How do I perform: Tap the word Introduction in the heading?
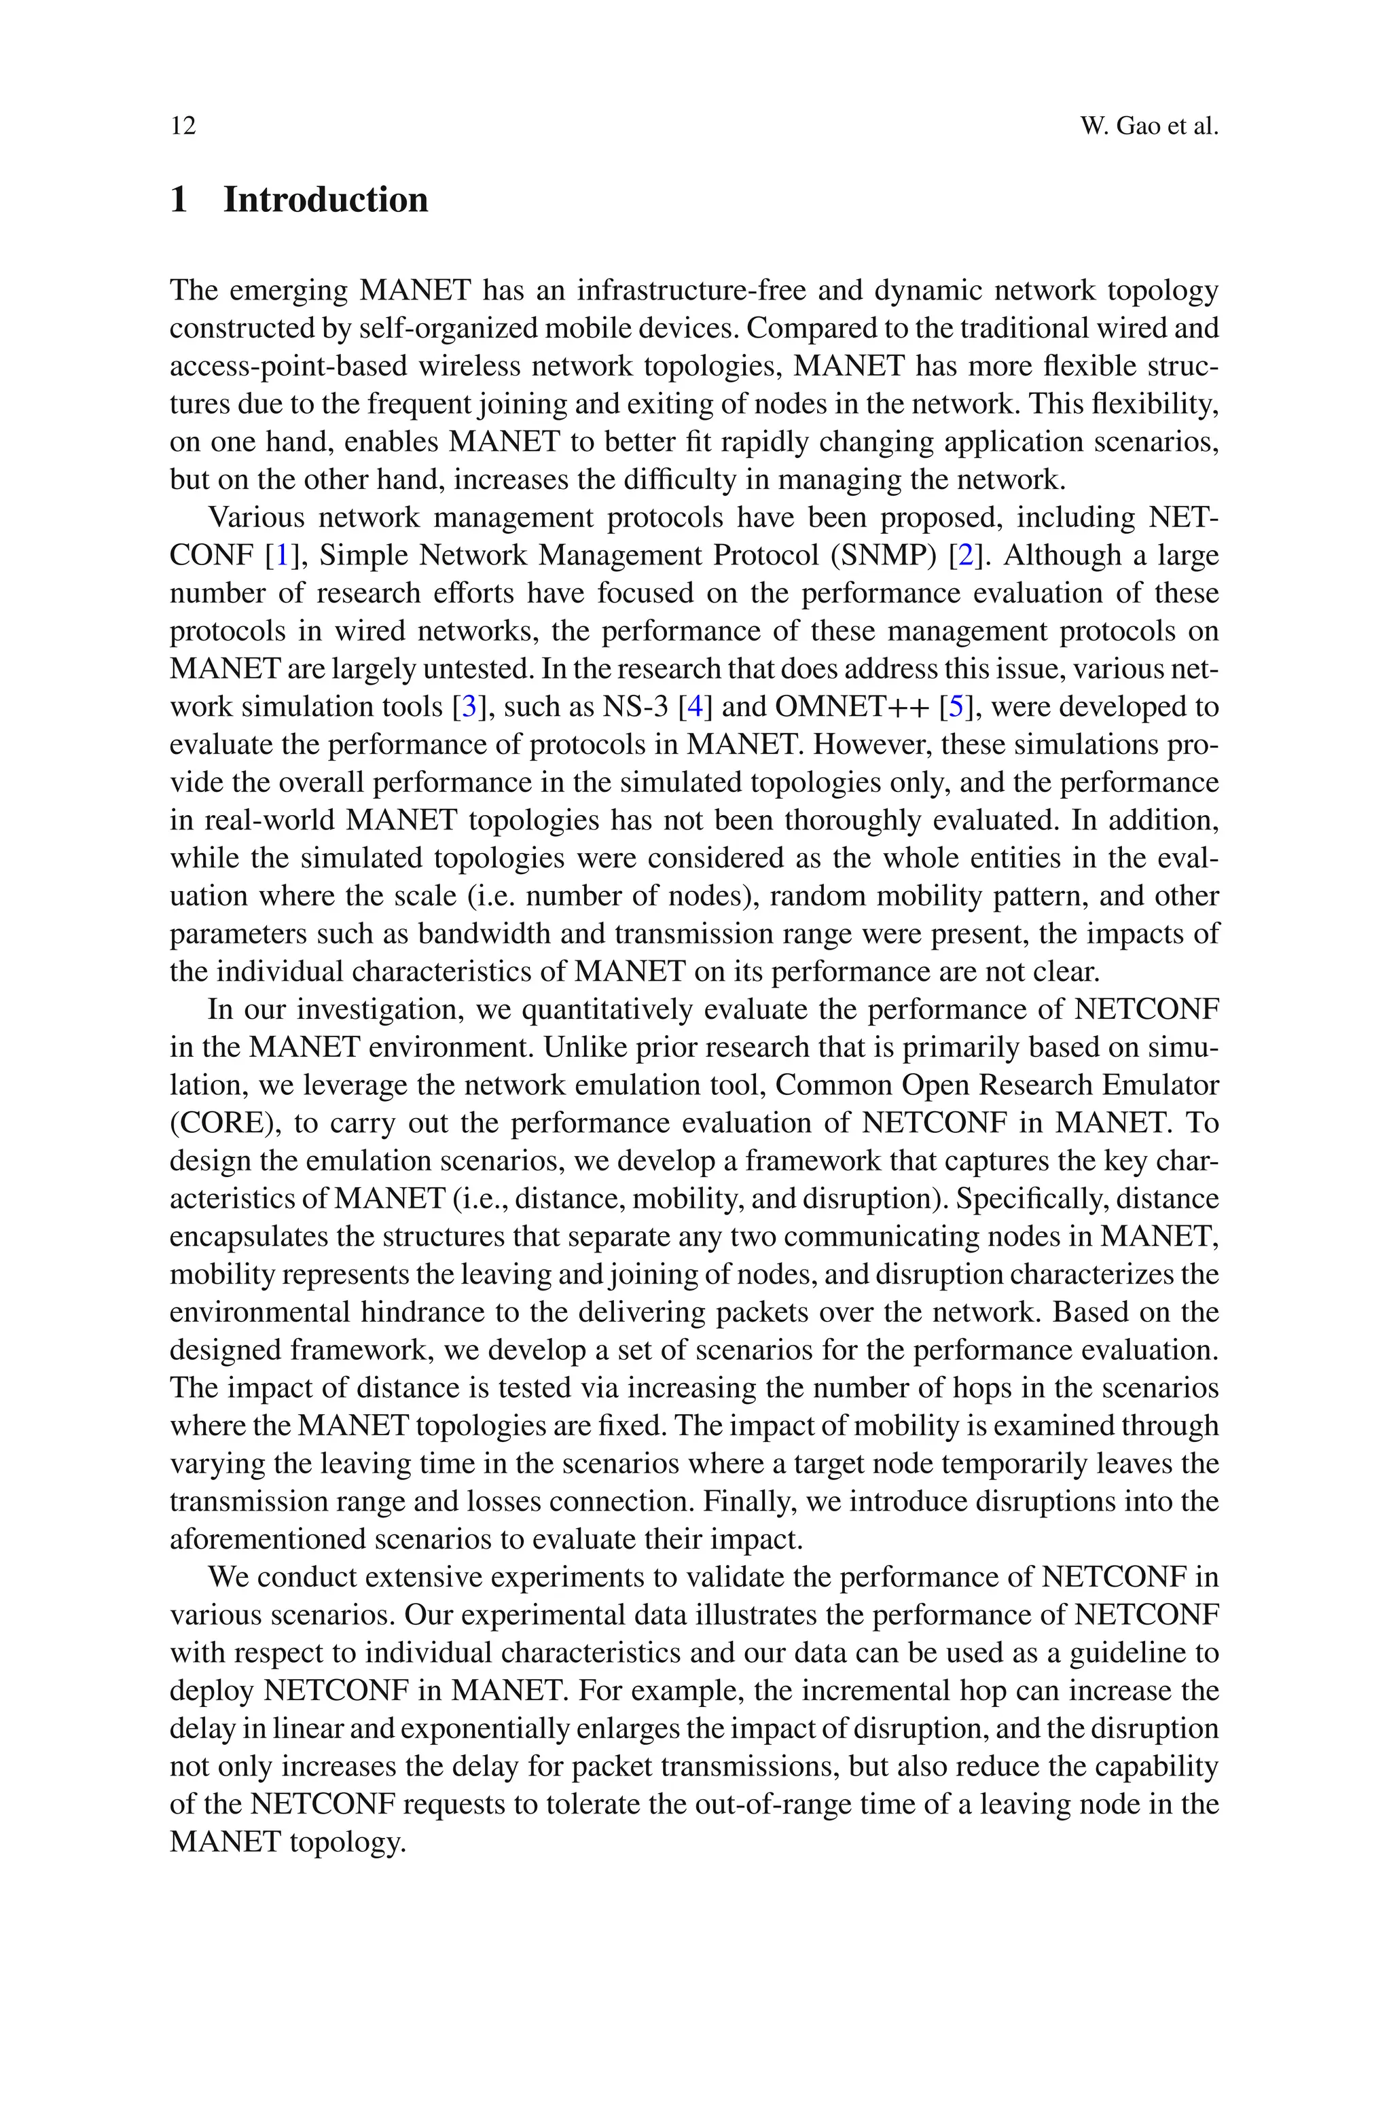pyautogui.click(x=325, y=200)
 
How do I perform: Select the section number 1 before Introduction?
pyautogui.click(x=179, y=200)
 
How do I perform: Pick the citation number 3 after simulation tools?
pyautogui.click(x=469, y=707)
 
